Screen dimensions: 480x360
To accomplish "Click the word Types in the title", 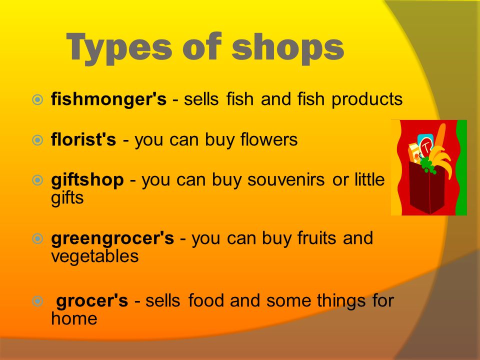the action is [x=119, y=48].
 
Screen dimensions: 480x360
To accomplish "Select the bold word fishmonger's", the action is [x=108, y=99].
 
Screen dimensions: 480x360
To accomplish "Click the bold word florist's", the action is [x=83, y=139].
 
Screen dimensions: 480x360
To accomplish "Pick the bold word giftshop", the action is [x=87, y=180].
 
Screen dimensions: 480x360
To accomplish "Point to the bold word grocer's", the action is [x=92, y=300].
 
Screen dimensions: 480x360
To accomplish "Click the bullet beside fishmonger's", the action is [x=37, y=99].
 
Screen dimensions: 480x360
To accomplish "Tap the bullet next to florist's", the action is [x=37, y=140].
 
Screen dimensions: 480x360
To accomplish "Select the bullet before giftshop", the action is [x=37, y=180].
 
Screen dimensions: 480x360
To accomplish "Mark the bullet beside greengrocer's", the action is [x=37, y=238].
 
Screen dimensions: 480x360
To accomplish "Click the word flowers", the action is [x=269, y=139].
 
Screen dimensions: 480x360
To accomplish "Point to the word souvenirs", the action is [x=286, y=179].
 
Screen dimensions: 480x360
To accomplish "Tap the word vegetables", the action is [x=95, y=256].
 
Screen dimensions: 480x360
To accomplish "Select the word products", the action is [x=367, y=100].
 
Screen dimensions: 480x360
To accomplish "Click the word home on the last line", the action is [x=74, y=318].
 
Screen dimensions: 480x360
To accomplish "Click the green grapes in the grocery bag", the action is [x=427, y=165].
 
